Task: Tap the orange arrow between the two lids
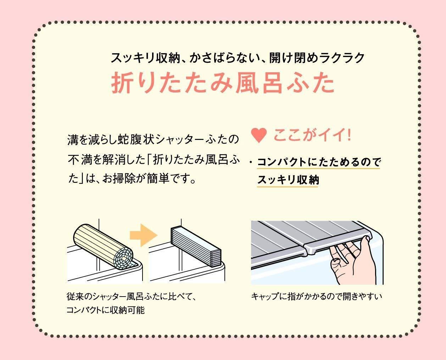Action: pos(143,235)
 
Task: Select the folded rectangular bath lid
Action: pos(196,247)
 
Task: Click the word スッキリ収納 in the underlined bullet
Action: pos(288,180)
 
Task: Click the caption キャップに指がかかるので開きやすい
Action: pos(317,296)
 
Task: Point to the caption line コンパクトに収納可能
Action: pos(105,310)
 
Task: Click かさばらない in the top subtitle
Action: pos(224,57)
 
